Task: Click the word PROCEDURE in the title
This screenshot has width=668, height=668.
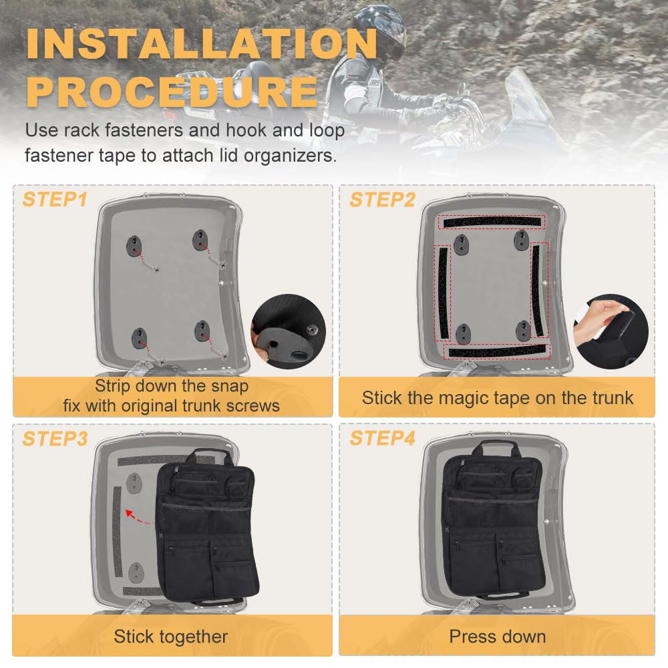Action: click(172, 92)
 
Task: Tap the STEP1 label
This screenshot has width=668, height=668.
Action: click(55, 199)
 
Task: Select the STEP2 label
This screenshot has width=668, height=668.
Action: click(382, 199)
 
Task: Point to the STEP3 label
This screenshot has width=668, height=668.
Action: click(55, 438)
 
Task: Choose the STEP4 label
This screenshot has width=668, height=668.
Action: click(382, 438)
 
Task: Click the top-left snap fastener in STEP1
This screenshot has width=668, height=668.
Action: click(134, 243)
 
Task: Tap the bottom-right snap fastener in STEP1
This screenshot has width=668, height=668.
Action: click(202, 332)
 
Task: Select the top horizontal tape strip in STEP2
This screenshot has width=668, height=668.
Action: click(491, 222)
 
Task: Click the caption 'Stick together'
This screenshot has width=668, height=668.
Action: click(171, 636)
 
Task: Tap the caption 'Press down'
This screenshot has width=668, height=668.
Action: click(497, 636)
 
